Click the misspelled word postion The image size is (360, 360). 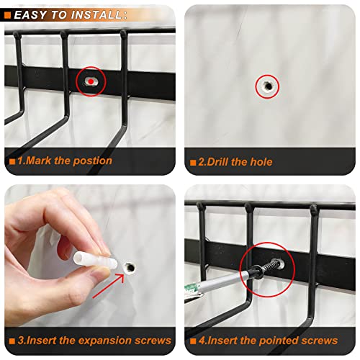point(91,161)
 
